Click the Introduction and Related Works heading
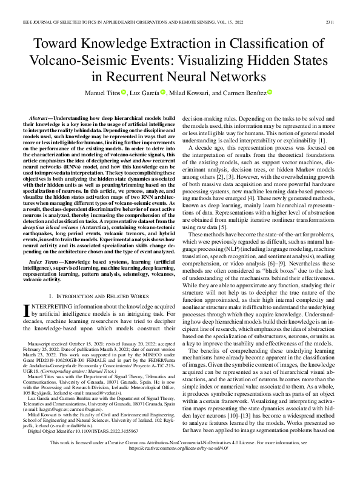(96, 295)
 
